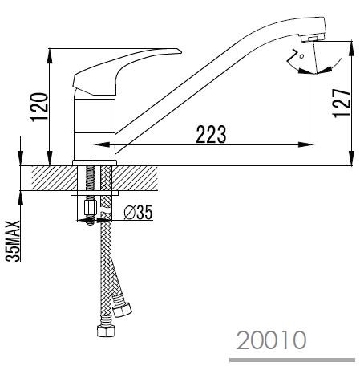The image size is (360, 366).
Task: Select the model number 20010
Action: point(271,340)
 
